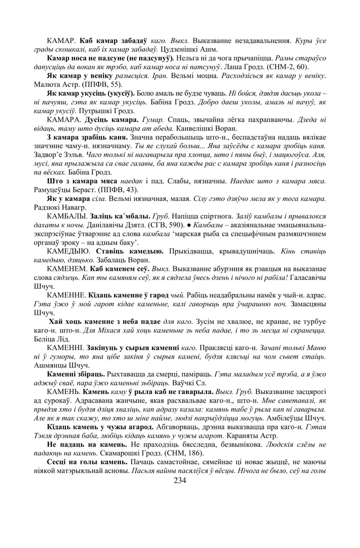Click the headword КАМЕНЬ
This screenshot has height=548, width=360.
63,392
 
